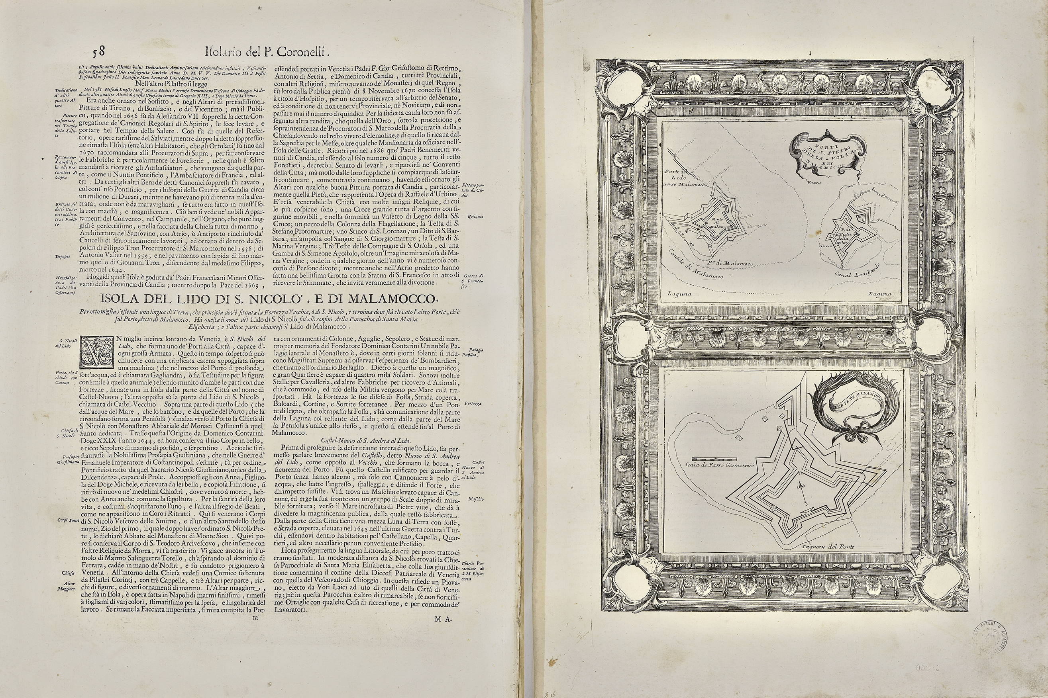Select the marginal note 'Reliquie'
click(x=475, y=217)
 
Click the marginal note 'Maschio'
click(x=476, y=499)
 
